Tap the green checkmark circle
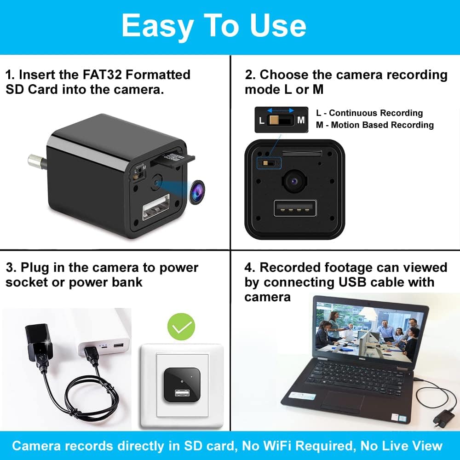tap(181, 326)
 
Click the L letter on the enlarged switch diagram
tap(262, 121)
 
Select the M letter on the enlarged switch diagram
tap(301, 121)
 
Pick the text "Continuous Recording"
tap(376, 113)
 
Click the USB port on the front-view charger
tap(294, 208)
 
